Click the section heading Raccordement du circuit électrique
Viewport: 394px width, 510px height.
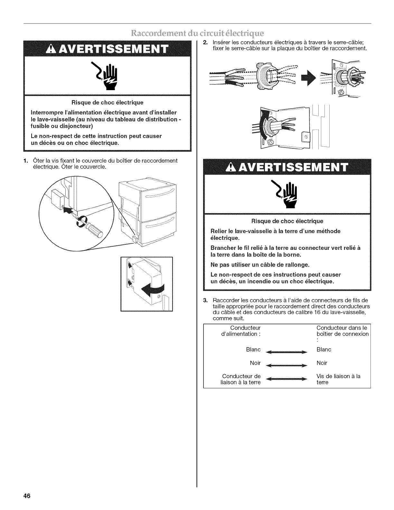(197, 33)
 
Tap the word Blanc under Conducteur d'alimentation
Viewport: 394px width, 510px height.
(253, 350)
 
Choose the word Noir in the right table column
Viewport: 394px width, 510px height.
(322, 363)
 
